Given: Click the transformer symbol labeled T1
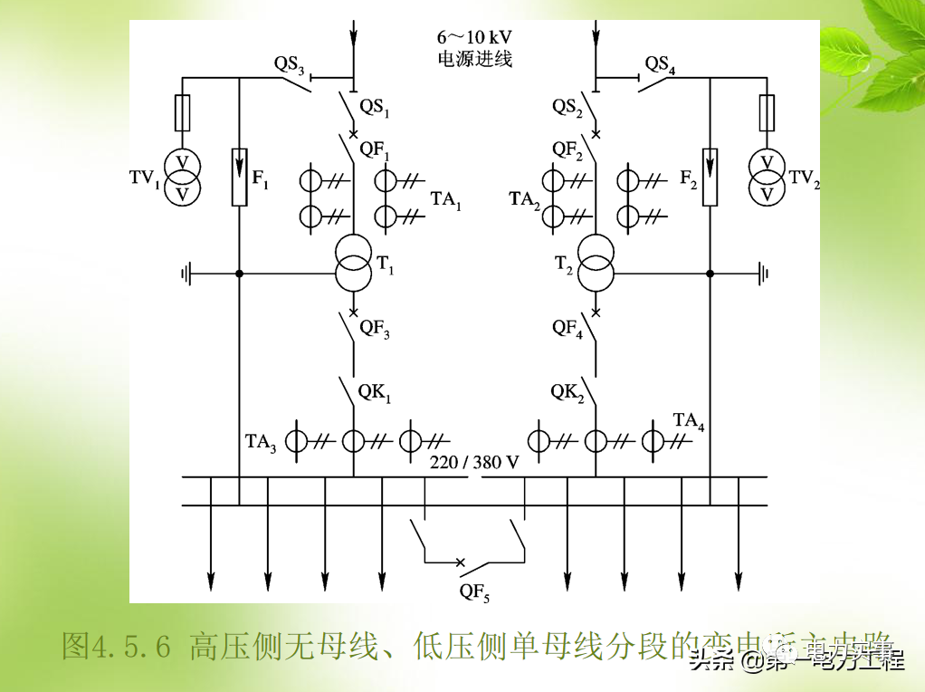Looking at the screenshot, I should [x=353, y=263].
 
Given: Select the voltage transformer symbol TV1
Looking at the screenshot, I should [x=183, y=178].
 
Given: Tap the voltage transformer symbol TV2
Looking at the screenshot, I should [x=768, y=178].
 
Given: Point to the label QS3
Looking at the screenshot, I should [x=291, y=64].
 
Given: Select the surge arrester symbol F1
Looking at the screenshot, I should [x=239, y=177].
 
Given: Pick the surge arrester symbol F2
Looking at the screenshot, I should [x=710, y=177].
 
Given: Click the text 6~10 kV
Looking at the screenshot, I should [x=474, y=38].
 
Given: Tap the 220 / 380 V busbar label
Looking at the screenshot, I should [x=474, y=463].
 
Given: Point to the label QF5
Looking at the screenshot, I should [x=474, y=592].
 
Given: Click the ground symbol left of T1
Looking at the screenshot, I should [x=187, y=273].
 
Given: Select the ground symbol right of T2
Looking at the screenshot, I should [x=763, y=273].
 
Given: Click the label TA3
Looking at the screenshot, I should [x=261, y=443].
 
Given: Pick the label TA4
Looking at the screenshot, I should [x=689, y=421].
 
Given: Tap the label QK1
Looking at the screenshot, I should [x=375, y=393].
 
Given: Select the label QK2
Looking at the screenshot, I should [x=568, y=393].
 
